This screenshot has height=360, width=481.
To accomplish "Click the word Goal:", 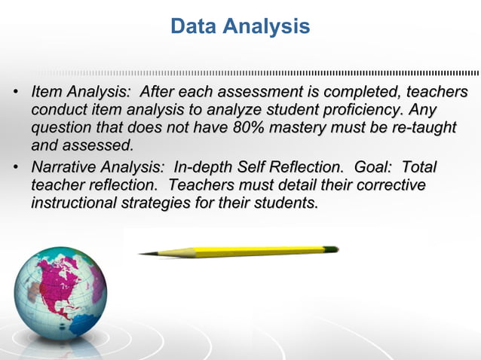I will (372, 167).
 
